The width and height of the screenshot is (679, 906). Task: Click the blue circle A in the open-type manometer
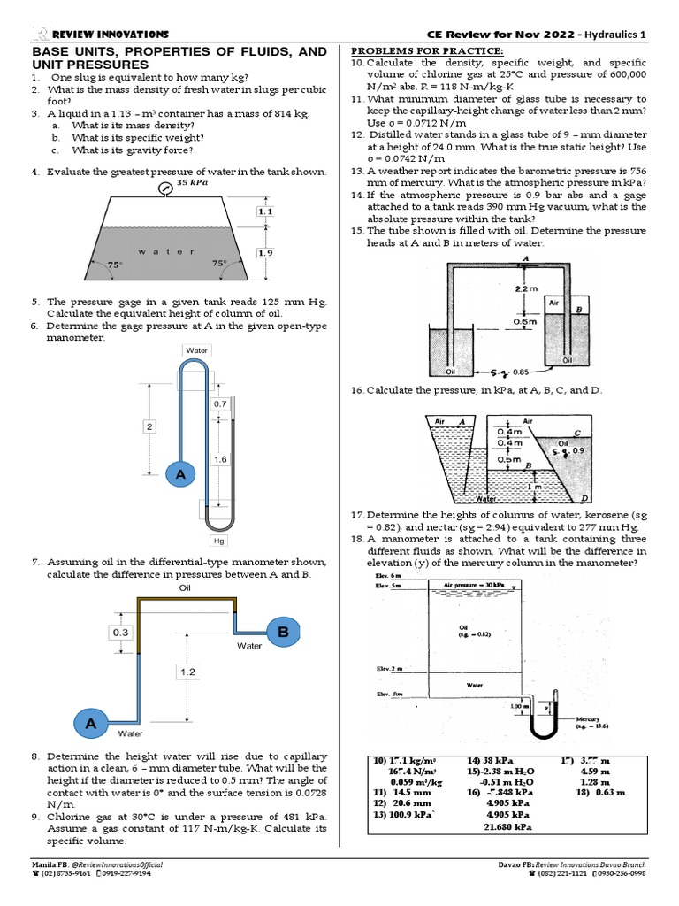[x=179, y=475]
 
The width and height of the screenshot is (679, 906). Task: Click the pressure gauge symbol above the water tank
[x=164, y=188]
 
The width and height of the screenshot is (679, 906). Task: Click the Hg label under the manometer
[x=218, y=541]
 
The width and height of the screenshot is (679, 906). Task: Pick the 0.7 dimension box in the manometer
[x=220, y=403]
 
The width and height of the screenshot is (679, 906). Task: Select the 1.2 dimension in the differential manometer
[x=188, y=672]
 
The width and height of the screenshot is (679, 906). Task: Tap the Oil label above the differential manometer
[x=185, y=587]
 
